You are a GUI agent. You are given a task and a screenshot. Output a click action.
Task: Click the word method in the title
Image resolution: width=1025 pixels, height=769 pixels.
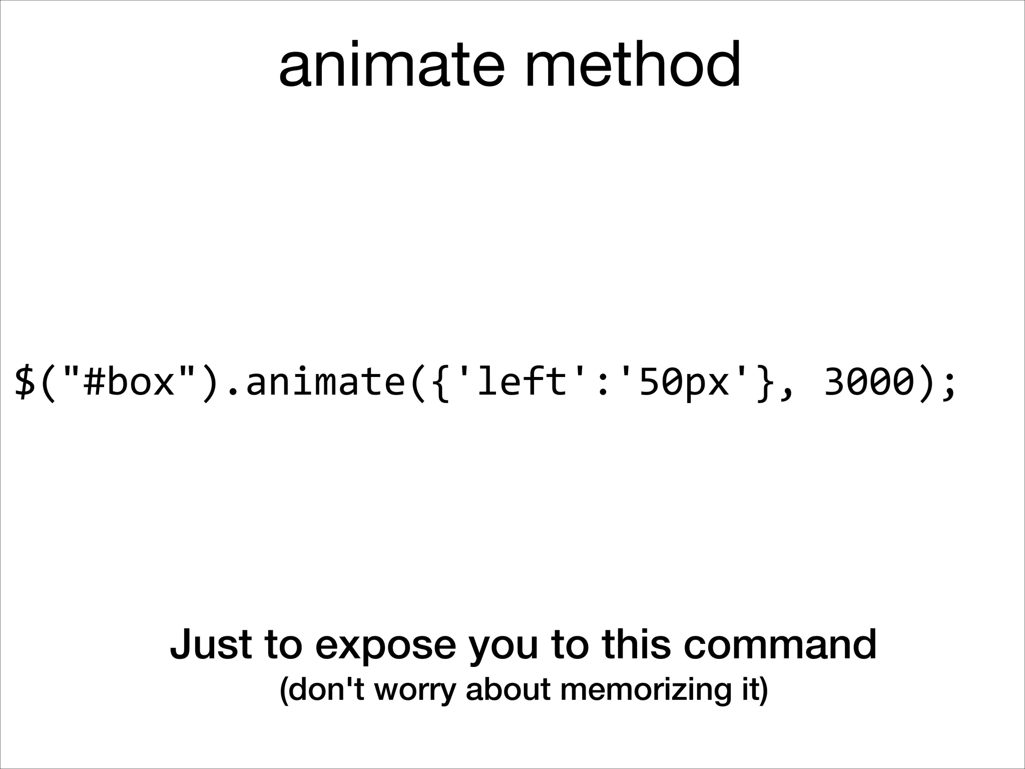click(x=632, y=65)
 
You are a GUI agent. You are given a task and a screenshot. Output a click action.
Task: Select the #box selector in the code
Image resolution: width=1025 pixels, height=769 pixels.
click(x=130, y=382)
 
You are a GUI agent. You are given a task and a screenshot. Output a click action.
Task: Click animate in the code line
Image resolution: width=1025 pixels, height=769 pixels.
click(x=324, y=382)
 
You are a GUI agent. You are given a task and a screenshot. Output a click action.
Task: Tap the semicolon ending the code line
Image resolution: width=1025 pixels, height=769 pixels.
click(x=947, y=386)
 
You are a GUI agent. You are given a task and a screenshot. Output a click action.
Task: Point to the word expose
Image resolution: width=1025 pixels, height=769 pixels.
click(x=385, y=646)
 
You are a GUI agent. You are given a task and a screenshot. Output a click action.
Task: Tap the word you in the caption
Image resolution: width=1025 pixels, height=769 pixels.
click(x=503, y=646)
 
